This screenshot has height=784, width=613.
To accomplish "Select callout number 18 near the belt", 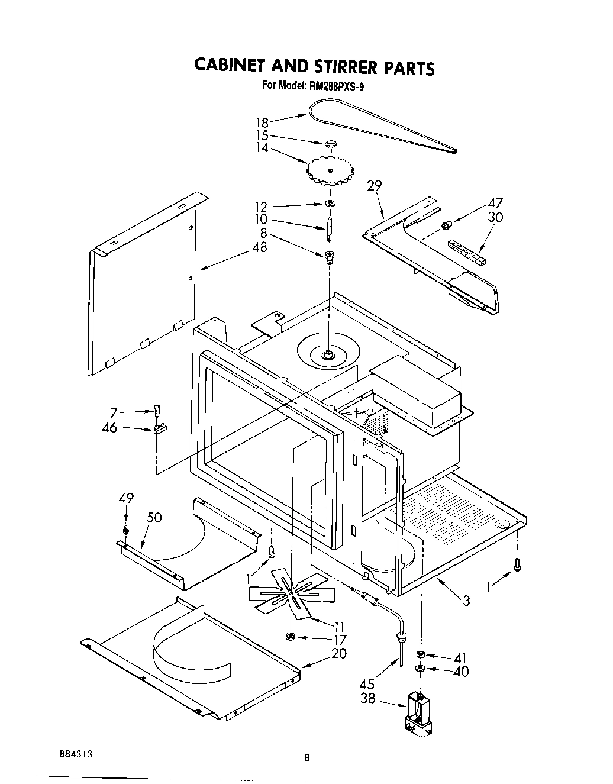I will pyautogui.click(x=262, y=122).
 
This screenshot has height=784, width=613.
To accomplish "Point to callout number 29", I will pyautogui.click(x=374, y=185).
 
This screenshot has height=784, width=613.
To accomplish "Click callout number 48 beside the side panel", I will pyautogui.click(x=259, y=247).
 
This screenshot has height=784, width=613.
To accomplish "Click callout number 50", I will pyautogui.click(x=154, y=518).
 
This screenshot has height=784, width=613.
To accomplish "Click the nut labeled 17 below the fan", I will pyautogui.click(x=290, y=636).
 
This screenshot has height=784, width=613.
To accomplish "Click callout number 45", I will pyautogui.click(x=367, y=684).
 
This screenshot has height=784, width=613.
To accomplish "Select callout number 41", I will pyautogui.click(x=460, y=658).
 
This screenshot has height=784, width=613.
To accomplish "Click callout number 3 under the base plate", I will pyautogui.click(x=467, y=601).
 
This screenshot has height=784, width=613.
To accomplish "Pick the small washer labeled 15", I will pyautogui.click(x=331, y=143).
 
